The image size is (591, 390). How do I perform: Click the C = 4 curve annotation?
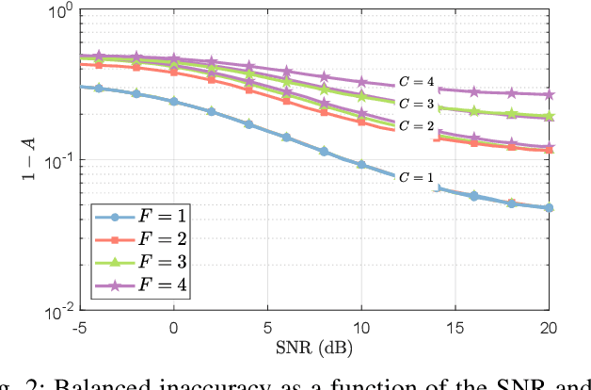click(x=416, y=83)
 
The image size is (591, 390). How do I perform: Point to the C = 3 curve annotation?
click(x=416, y=104)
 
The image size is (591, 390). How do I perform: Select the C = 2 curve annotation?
click(x=416, y=125)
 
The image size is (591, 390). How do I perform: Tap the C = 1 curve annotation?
click(x=416, y=177)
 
